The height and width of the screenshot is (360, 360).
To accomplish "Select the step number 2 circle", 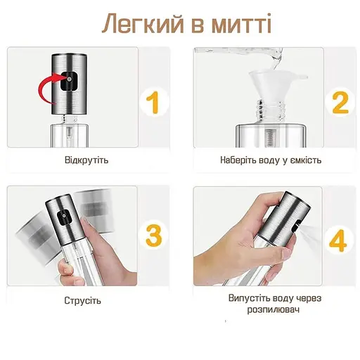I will point(340,103).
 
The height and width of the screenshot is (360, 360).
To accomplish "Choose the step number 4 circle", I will point(340,240).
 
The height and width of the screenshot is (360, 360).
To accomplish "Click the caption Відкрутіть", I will point(86,160).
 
